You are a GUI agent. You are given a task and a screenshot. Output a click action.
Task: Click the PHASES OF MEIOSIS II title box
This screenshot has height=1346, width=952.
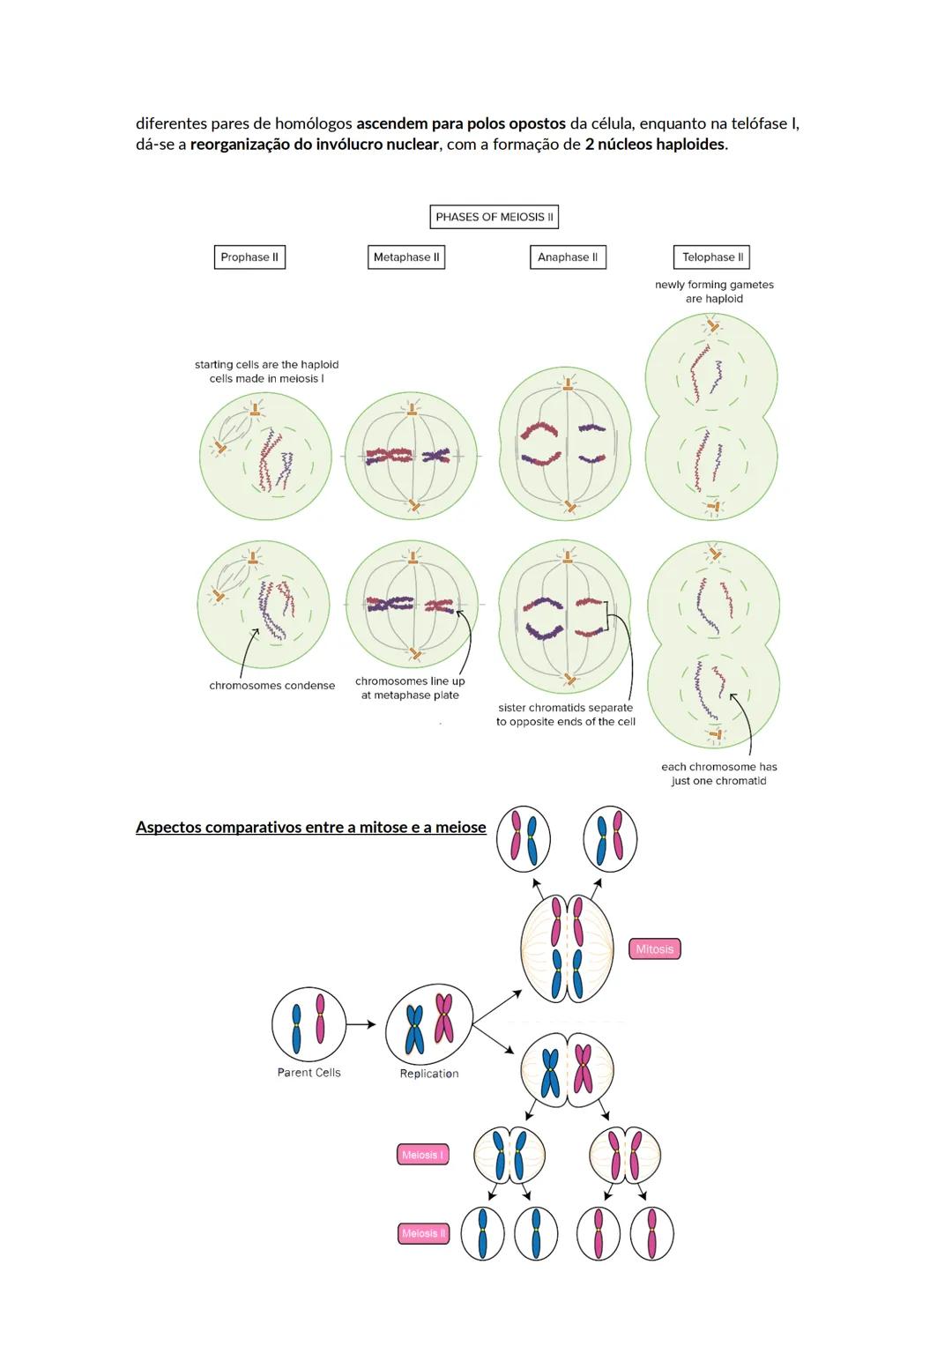coord(495,217)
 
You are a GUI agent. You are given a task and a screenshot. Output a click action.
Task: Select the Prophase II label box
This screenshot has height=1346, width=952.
coord(249,257)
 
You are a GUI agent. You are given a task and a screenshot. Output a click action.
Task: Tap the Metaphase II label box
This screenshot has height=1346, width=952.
coord(406,257)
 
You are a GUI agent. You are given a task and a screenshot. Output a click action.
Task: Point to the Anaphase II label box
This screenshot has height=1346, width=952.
coord(568,257)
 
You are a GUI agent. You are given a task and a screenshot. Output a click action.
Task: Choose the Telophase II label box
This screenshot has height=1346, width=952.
coord(712,257)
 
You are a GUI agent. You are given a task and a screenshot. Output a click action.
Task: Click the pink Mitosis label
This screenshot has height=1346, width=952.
coord(654,949)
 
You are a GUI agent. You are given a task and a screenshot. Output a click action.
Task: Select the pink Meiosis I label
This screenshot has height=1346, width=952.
coord(422,1155)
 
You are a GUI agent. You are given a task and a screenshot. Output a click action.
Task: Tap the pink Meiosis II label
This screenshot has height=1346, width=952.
coord(423,1233)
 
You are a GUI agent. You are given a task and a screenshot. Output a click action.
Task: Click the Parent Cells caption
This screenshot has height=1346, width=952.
coord(309,1073)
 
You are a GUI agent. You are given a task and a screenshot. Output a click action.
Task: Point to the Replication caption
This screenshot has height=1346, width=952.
coord(429,1074)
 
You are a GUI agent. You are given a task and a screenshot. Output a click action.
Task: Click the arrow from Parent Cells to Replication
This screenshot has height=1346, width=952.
coord(361,1024)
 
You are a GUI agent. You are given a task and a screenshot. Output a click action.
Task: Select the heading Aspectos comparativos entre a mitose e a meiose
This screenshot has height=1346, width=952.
coord(310,827)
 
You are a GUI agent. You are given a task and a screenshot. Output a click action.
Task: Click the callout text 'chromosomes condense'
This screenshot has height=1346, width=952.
coord(271,686)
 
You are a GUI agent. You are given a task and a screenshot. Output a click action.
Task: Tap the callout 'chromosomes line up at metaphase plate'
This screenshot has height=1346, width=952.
coord(410,688)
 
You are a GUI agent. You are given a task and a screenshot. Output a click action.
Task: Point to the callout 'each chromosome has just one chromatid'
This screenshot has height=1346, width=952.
coord(718,774)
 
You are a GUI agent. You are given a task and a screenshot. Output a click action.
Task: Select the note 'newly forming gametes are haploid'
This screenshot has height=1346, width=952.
coord(714,292)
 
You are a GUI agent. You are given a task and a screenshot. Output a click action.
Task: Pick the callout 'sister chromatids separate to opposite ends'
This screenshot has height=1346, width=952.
coord(565,715)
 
